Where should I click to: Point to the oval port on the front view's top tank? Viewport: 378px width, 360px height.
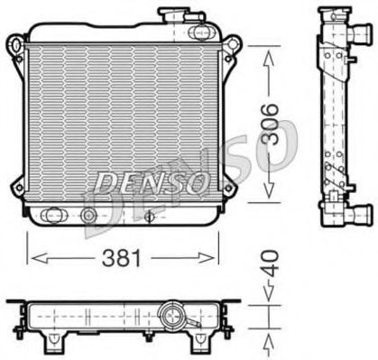point(192,34)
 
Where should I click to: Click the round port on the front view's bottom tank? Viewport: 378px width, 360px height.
point(88,216)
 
